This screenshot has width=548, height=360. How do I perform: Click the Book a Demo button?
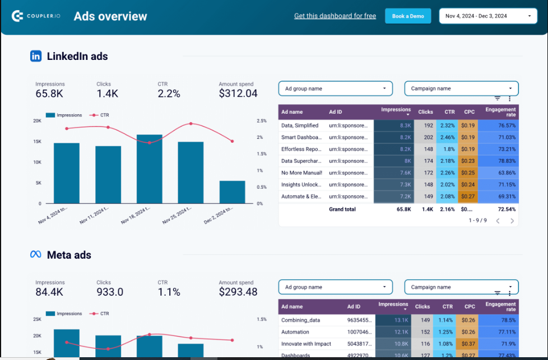pos(408,16)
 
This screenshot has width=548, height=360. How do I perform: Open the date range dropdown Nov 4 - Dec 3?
pos(487,16)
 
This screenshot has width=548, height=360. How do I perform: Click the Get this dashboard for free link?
pos(335,16)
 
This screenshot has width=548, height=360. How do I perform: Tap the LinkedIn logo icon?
pos(36,56)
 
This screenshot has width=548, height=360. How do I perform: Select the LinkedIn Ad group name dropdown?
pos(335,88)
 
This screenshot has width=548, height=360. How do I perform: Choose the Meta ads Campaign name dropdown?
pos(461,287)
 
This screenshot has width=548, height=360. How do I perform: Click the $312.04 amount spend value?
pos(238,93)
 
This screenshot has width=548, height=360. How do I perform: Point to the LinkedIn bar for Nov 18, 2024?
pos(150,169)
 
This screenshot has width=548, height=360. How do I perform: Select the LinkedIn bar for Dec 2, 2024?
pos(232,191)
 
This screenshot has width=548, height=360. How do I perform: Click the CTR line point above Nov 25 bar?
pos(191,123)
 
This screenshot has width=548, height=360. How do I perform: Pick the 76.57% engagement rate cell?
pos(499,126)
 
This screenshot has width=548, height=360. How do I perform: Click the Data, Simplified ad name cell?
pos(300,126)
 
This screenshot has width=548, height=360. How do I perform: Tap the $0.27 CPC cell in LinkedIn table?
pos(468,197)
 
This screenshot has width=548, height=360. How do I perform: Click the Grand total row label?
pos(342,209)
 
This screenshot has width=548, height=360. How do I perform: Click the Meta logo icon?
pos(36,255)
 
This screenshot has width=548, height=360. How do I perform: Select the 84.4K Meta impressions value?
pos(49,292)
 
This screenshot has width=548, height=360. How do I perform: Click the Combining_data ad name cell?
pos(299,320)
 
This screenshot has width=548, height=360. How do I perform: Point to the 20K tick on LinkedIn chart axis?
pos(37,121)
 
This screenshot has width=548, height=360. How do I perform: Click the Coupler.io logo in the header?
pos(36,16)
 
